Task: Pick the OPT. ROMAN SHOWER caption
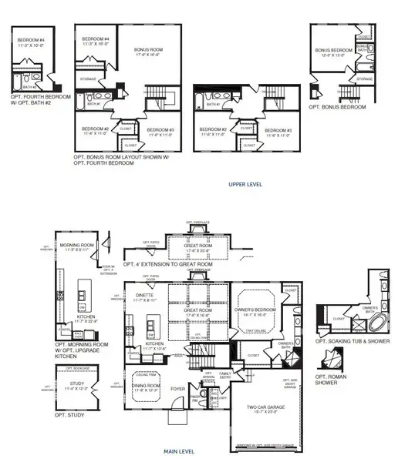click(x=329, y=380)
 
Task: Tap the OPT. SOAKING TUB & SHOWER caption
click(x=352, y=340)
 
